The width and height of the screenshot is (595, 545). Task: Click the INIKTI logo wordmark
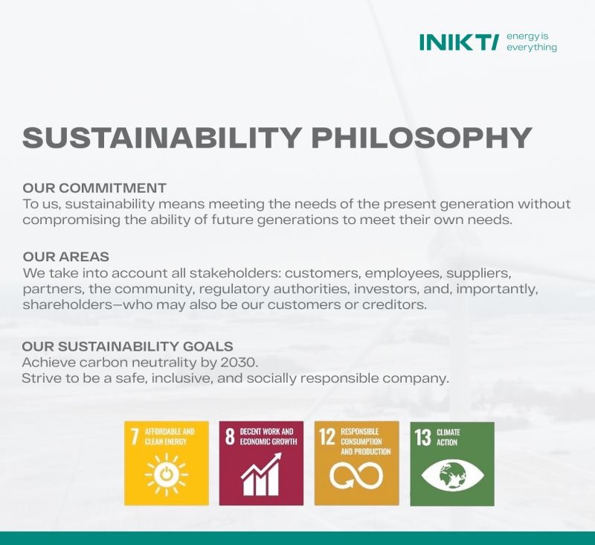[457, 42]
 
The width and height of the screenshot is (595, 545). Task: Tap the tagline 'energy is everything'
[532, 42]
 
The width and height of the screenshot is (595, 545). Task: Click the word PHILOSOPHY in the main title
[422, 138]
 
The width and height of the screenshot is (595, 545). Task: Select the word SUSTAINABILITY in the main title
[162, 138]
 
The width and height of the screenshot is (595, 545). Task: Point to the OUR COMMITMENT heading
[94, 188]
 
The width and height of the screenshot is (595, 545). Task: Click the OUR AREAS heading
[66, 257]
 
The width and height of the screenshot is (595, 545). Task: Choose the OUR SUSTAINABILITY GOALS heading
[127, 346]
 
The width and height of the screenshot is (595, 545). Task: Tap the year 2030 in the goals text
[239, 363]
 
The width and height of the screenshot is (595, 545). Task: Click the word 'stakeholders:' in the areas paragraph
[235, 273]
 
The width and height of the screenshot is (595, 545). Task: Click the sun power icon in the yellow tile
[166, 474]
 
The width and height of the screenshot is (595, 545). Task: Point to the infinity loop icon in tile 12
[356, 476]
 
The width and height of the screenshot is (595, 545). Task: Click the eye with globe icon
[452, 475]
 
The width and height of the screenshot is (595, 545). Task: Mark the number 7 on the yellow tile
[135, 437]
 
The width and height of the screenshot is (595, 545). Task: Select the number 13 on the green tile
[423, 438]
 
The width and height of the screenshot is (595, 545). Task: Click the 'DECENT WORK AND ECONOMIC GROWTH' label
[268, 436]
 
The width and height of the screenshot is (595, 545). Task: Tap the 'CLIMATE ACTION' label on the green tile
[448, 437]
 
